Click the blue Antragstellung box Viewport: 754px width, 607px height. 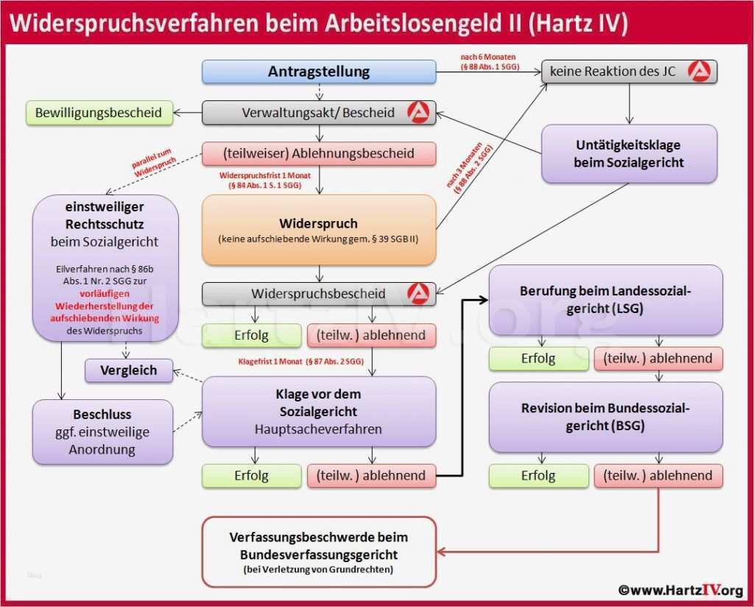click(x=319, y=71)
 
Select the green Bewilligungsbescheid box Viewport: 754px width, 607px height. click(x=99, y=113)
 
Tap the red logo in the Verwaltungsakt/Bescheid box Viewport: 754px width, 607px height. click(x=419, y=113)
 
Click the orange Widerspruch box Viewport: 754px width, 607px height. click(x=319, y=230)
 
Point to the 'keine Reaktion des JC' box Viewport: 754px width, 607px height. click(x=629, y=71)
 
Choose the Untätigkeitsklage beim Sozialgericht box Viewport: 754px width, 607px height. click(x=629, y=153)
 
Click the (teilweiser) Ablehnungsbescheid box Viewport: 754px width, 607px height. click(x=319, y=154)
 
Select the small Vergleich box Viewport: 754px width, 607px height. click(x=129, y=371)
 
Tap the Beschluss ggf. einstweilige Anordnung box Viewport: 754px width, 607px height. click(x=103, y=432)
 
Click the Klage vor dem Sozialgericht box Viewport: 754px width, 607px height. click(x=319, y=411)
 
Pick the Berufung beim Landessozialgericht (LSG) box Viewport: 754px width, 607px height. click(x=606, y=299)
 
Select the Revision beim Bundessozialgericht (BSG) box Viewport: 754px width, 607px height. click(x=606, y=416)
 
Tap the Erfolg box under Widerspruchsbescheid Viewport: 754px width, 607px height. click(x=251, y=335)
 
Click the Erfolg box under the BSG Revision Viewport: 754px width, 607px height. click(x=538, y=475)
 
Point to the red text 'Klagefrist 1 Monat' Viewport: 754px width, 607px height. click(x=300, y=362)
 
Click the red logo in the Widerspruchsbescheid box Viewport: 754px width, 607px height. click(x=419, y=293)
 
